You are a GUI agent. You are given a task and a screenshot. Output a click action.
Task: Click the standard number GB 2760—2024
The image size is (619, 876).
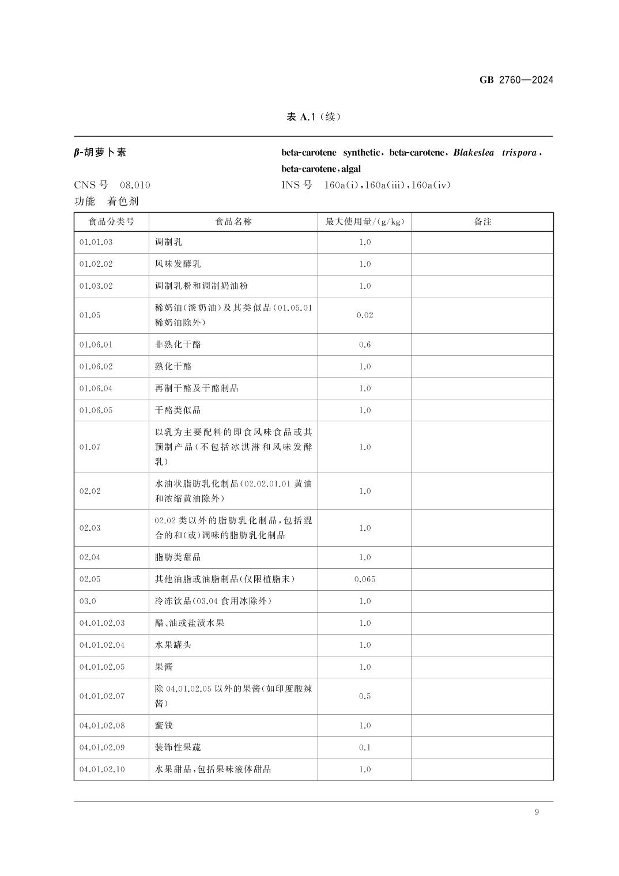pos(516,80)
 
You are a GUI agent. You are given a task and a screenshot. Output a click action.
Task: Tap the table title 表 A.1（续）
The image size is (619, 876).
pos(314,117)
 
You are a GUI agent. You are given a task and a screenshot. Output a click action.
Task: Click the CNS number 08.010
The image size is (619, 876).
pos(135,185)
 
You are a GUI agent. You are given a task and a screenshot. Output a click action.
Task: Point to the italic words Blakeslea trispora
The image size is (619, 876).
pos(495,153)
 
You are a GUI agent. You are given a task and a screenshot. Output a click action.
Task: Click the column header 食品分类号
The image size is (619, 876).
pos(111,221)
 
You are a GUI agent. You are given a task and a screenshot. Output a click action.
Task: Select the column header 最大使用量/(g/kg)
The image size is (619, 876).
pos(364,221)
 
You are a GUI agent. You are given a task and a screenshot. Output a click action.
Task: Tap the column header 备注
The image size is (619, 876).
pos(482,221)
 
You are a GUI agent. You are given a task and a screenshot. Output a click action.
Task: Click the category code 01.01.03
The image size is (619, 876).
pos(96,242)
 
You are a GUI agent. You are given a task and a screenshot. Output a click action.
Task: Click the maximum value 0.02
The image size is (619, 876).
pos(365,315)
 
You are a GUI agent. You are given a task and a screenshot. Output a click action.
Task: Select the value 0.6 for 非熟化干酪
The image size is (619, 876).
pos(365,345)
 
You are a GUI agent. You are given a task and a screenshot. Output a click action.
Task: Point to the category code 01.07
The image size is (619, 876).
pos(90,447)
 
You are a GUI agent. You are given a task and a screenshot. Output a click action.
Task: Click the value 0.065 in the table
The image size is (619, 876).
pos(365,579)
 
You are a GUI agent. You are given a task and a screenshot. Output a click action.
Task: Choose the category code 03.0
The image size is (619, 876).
pos(88,601)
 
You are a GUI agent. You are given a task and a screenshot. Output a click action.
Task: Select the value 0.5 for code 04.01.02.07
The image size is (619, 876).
pos(365,696)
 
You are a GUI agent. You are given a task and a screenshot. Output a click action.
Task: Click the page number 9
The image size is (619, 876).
pos(537,813)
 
